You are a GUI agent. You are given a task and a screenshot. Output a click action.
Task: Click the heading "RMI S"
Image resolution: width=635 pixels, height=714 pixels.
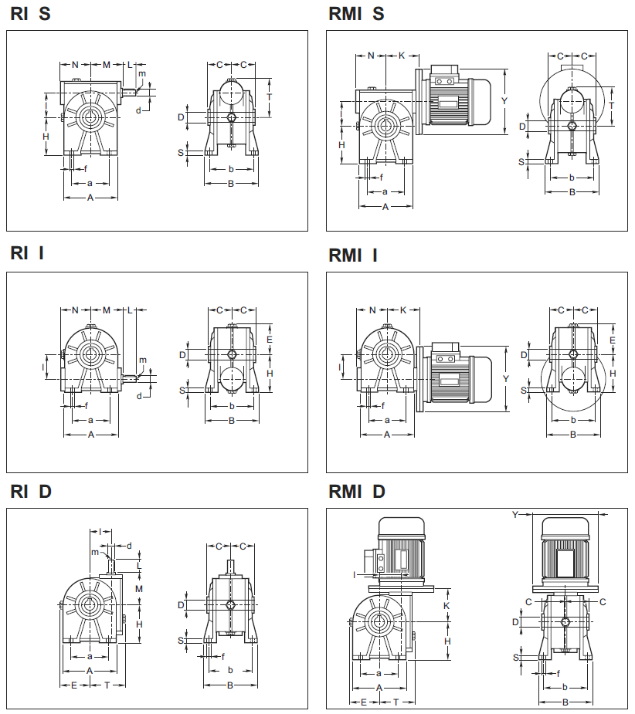point(356,14)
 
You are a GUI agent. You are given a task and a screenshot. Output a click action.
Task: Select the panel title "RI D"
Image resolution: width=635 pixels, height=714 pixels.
point(31,492)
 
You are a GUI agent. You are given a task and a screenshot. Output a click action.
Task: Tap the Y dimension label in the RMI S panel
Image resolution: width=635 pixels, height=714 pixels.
point(504,100)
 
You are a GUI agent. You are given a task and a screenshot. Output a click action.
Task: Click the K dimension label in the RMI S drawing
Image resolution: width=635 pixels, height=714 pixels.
point(402,56)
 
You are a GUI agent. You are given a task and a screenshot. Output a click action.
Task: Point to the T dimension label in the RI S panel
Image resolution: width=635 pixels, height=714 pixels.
point(269,96)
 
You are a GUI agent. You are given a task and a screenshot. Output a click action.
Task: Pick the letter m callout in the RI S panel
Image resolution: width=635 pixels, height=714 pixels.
point(141,73)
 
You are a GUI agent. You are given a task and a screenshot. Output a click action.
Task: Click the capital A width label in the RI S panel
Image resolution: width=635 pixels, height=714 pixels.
point(90,198)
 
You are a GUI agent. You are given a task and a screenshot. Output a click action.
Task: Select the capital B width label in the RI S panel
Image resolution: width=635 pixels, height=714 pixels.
point(230,184)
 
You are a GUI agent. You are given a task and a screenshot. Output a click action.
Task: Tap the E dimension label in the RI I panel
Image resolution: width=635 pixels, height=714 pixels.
point(269,340)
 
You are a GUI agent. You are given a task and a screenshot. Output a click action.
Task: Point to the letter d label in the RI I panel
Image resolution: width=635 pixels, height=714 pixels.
point(139,395)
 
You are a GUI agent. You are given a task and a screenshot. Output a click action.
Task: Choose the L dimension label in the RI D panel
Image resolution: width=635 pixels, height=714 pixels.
point(139,566)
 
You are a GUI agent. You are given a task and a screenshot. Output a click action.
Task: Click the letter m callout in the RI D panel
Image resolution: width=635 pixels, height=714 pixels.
point(95,551)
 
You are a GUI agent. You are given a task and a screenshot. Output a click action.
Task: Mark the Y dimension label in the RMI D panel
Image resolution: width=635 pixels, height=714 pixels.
point(515,514)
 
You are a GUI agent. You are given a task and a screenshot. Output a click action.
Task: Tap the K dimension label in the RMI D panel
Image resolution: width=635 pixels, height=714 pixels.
point(447,606)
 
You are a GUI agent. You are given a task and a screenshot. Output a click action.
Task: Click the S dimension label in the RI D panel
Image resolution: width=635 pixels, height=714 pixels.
point(181,639)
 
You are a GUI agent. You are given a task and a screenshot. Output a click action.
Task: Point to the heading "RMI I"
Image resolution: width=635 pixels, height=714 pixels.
point(353,255)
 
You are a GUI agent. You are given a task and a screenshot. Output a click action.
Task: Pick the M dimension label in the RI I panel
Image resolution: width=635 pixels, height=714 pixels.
point(107,310)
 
